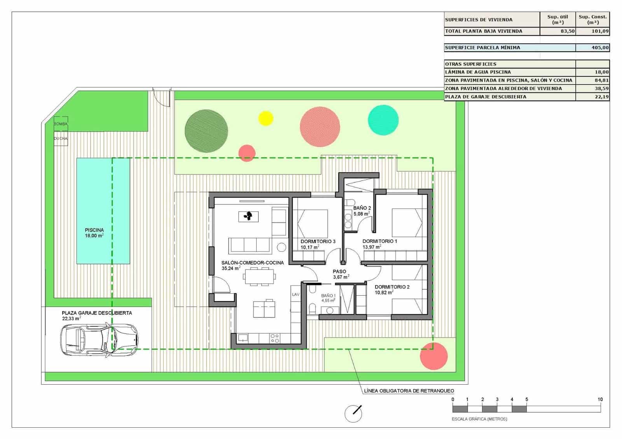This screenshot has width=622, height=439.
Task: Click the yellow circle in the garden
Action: click(x=266, y=118)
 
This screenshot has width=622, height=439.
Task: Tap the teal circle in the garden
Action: click(x=383, y=120)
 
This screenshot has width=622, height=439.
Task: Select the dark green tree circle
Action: click(x=206, y=131)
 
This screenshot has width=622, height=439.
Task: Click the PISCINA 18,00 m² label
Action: click(x=94, y=233)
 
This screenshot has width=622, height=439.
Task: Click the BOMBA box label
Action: click(x=61, y=124)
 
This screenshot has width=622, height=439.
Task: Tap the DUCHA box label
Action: click(x=61, y=138)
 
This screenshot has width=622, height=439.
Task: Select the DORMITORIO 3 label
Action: click(x=318, y=241)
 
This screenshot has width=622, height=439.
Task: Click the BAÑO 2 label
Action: click(x=362, y=208)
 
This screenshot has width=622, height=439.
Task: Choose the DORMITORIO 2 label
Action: click(x=392, y=287)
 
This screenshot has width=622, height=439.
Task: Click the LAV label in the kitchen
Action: click(x=296, y=294)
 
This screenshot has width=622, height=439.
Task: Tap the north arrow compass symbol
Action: click(x=353, y=413)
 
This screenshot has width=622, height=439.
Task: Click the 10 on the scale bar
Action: click(x=600, y=399)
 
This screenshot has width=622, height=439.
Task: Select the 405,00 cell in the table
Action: click(x=592, y=48)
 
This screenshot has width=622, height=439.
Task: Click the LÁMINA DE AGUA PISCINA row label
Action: click(x=478, y=72)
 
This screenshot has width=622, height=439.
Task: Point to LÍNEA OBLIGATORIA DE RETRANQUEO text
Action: click(x=409, y=391)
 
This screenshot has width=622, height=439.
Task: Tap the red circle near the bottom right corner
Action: click(x=434, y=356)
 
